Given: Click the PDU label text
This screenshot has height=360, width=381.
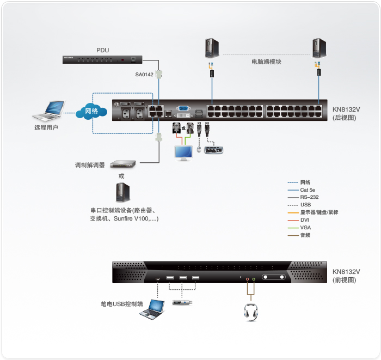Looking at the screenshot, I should (x=103, y=50).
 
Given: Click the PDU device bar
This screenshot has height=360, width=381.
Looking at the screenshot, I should (x=103, y=59).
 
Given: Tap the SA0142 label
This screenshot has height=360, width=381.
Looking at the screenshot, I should (x=144, y=75).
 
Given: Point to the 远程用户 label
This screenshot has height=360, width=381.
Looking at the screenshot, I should (x=46, y=128).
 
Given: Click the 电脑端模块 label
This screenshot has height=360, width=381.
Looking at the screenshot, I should (x=266, y=62).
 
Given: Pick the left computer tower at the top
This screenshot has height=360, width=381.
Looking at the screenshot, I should (x=212, y=48).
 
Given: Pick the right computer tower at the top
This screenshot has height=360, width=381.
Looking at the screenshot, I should (x=319, y=48).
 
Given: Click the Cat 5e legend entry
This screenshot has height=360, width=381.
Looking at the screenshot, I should (x=308, y=190).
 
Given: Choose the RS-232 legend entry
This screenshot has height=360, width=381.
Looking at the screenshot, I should (x=308, y=197).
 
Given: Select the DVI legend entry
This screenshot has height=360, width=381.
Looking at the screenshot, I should (x=305, y=220).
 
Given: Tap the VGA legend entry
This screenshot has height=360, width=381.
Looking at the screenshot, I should (x=305, y=228).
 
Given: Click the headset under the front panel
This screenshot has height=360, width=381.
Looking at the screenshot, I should (x=250, y=311).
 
